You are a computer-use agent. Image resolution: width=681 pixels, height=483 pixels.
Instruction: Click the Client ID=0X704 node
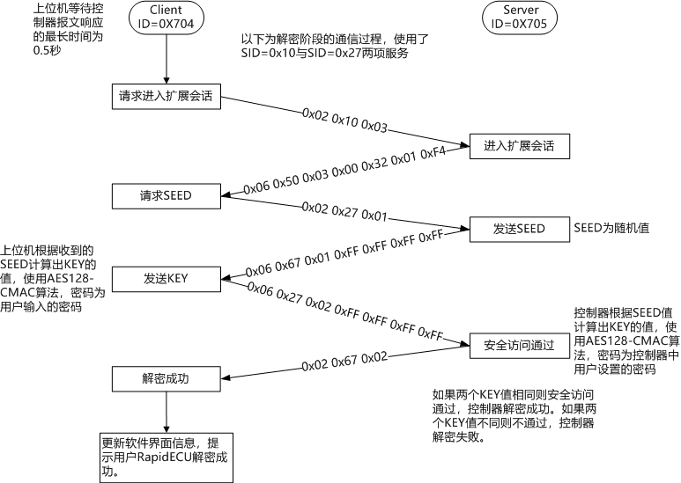(x=167, y=17)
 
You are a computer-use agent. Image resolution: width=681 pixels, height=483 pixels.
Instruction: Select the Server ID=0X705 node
(x=521, y=17)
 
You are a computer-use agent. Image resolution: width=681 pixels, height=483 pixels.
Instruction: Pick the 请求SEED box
(x=167, y=194)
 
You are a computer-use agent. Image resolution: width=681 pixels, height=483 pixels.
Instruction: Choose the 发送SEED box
(x=519, y=229)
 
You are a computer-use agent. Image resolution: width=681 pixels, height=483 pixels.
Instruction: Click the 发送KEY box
(x=167, y=279)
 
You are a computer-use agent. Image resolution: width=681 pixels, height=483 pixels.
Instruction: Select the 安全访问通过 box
(x=519, y=345)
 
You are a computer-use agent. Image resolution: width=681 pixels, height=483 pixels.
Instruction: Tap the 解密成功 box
(x=167, y=379)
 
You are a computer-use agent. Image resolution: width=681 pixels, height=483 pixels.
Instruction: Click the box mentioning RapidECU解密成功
(x=167, y=457)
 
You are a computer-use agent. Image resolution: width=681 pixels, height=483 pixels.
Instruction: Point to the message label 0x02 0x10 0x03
(x=344, y=121)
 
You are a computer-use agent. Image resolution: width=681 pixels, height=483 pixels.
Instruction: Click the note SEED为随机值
(x=611, y=228)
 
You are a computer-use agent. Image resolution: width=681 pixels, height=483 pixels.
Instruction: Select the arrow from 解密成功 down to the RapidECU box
(x=167, y=412)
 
